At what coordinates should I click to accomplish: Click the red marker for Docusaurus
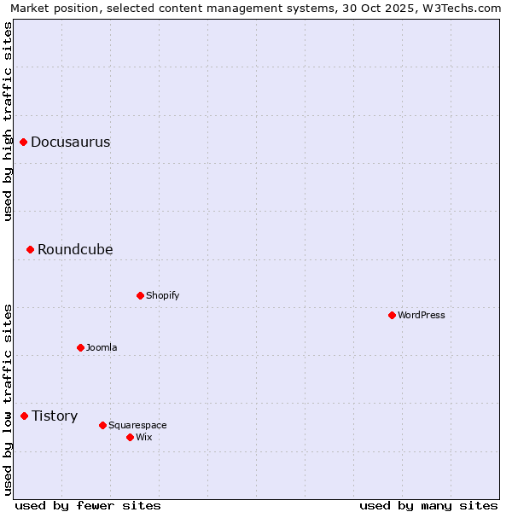pyautogui.click(x=24, y=142)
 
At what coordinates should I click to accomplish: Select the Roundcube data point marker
pyautogui.click(x=30, y=249)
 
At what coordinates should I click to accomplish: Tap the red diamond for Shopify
pyautogui.click(x=140, y=295)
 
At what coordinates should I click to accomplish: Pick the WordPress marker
pyautogui.click(x=392, y=315)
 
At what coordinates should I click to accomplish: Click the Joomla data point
pyautogui.click(x=80, y=347)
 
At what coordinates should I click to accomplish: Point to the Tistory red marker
pyautogui.click(x=25, y=416)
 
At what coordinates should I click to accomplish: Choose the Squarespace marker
pyautogui.click(x=102, y=425)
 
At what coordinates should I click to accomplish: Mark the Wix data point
pyautogui.click(x=130, y=437)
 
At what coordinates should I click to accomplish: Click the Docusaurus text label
pyautogui.click(x=71, y=142)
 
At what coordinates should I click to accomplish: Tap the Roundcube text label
pyautogui.click(x=75, y=249)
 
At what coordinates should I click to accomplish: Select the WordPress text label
pyautogui.click(x=422, y=315)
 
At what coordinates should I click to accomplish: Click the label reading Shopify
pyautogui.click(x=162, y=295)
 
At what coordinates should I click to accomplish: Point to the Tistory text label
pyautogui.click(x=55, y=416)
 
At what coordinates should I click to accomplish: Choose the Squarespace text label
pyautogui.click(x=137, y=425)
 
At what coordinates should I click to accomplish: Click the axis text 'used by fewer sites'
pyautogui.click(x=88, y=505)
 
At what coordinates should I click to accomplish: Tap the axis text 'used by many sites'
pyautogui.click(x=428, y=505)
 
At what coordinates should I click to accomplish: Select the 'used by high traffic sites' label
pyautogui.click(x=9, y=121)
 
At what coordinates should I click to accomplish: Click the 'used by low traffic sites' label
pyautogui.click(x=9, y=399)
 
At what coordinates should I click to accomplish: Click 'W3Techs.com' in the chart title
pyautogui.click(x=465, y=8)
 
